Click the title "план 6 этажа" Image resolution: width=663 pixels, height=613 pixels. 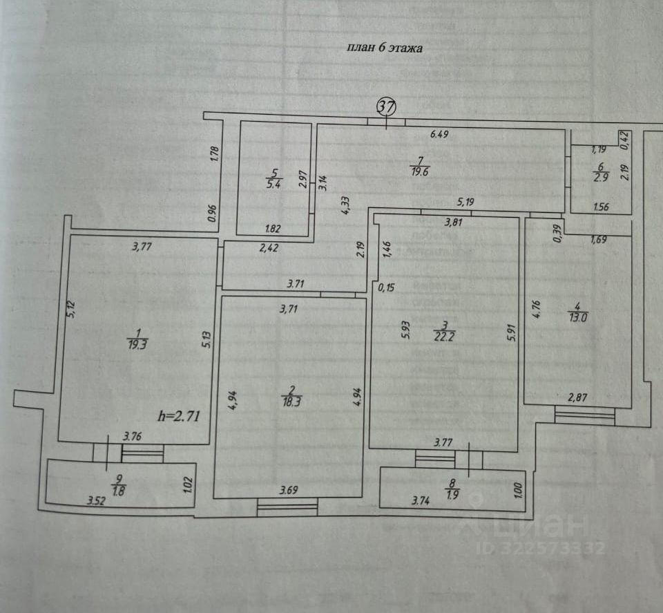click(383, 48)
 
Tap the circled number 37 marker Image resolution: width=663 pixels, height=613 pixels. click(386, 107)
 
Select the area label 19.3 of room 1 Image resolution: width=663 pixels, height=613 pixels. click(136, 344)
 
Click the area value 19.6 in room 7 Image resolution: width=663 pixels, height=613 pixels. click(419, 173)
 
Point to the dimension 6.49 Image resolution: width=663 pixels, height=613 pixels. click(439, 135)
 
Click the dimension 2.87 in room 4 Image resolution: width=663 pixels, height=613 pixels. click(577, 397)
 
